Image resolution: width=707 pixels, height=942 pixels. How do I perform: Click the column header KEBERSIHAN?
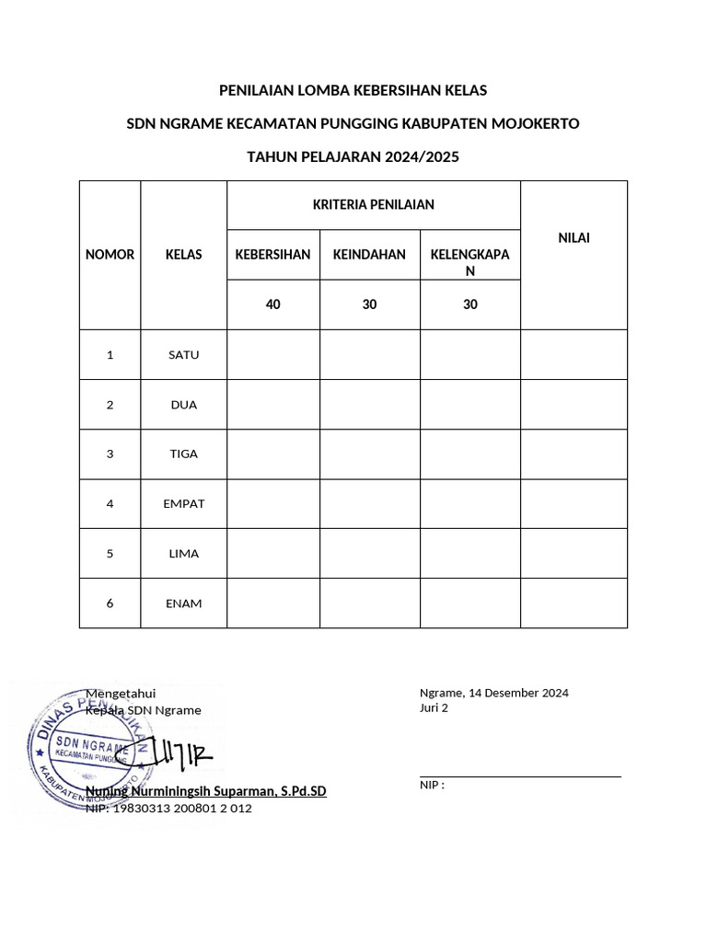(272, 255)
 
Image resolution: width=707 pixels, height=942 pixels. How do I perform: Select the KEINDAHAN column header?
(369, 255)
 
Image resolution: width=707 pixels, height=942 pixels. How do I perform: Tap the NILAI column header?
(574, 238)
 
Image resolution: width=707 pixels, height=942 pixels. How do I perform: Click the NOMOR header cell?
(110, 255)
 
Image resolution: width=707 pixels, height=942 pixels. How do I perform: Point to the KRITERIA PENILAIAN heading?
(374, 205)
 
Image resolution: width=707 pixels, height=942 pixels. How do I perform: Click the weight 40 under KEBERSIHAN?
(272, 304)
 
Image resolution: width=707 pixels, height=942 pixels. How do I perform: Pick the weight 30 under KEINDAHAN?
(369, 304)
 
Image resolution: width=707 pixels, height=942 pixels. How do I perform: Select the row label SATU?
(183, 355)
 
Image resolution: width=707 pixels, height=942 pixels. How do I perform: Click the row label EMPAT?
(183, 504)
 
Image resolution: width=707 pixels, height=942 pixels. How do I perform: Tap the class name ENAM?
(183, 603)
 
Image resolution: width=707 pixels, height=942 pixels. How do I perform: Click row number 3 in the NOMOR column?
(110, 454)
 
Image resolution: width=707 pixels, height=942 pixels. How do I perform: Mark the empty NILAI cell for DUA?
(574, 405)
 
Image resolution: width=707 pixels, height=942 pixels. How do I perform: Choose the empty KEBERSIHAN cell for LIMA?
(272, 554)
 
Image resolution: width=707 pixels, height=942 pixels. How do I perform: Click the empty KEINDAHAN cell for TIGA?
(369, 454)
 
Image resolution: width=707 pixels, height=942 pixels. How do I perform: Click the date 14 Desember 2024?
(518, 693)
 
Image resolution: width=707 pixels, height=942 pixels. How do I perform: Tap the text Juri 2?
(434, 708)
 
